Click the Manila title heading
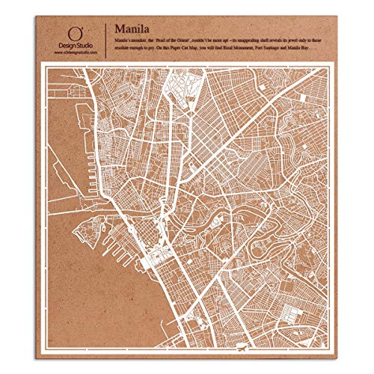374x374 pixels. [x=132, y=24]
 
